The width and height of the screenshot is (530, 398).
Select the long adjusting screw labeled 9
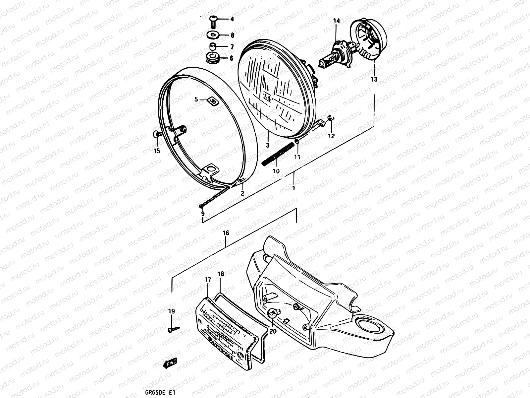[x=215, y=197]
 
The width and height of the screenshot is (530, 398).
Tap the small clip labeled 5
[x=213, y=101]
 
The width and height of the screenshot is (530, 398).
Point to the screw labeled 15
[x=158, y=134]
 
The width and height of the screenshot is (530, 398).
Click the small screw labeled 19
[x=173, y=329]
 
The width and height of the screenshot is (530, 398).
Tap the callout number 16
[x=226, y=233]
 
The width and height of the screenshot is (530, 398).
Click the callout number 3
[x=267, y=145]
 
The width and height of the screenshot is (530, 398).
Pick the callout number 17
[x=208, y=280]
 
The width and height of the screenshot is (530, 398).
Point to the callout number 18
[x=221, y=274]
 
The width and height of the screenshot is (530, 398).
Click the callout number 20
[x=272, y=331]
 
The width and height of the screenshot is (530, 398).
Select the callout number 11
[x=297, y=157]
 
